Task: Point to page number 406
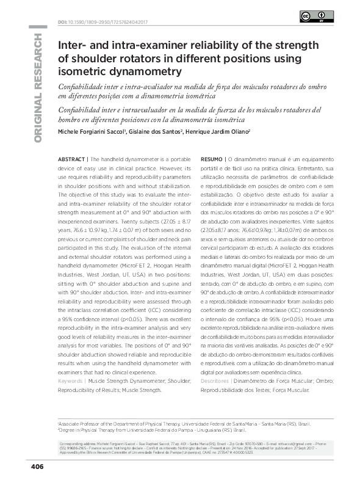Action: click(x=37, y=467)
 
